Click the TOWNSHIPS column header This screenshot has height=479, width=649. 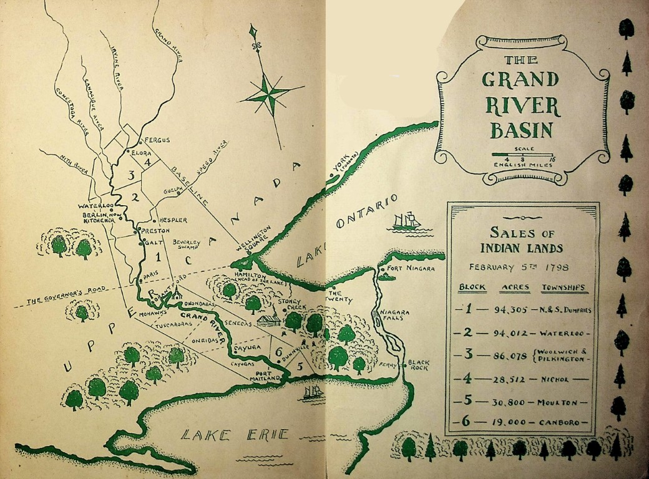(x=564, y=288)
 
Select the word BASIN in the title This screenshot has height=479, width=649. (x=521, y=130)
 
